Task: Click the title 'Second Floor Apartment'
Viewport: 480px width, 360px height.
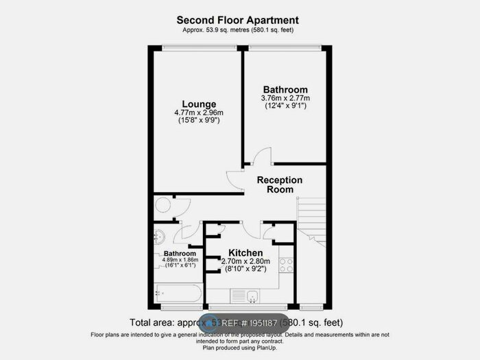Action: click(238, 21)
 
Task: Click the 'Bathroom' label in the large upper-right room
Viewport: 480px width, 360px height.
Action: click(285, 90)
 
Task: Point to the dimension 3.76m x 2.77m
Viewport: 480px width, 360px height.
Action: click(285, 99)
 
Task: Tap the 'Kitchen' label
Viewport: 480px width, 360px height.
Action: click(245, 252)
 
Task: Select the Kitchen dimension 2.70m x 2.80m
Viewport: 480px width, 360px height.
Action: click(245, 261)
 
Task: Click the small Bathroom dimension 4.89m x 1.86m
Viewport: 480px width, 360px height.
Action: click(180, 261)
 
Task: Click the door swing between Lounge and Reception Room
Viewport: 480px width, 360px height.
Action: click(235, 180)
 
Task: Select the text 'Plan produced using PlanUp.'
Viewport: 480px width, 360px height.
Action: click(239, 347)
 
